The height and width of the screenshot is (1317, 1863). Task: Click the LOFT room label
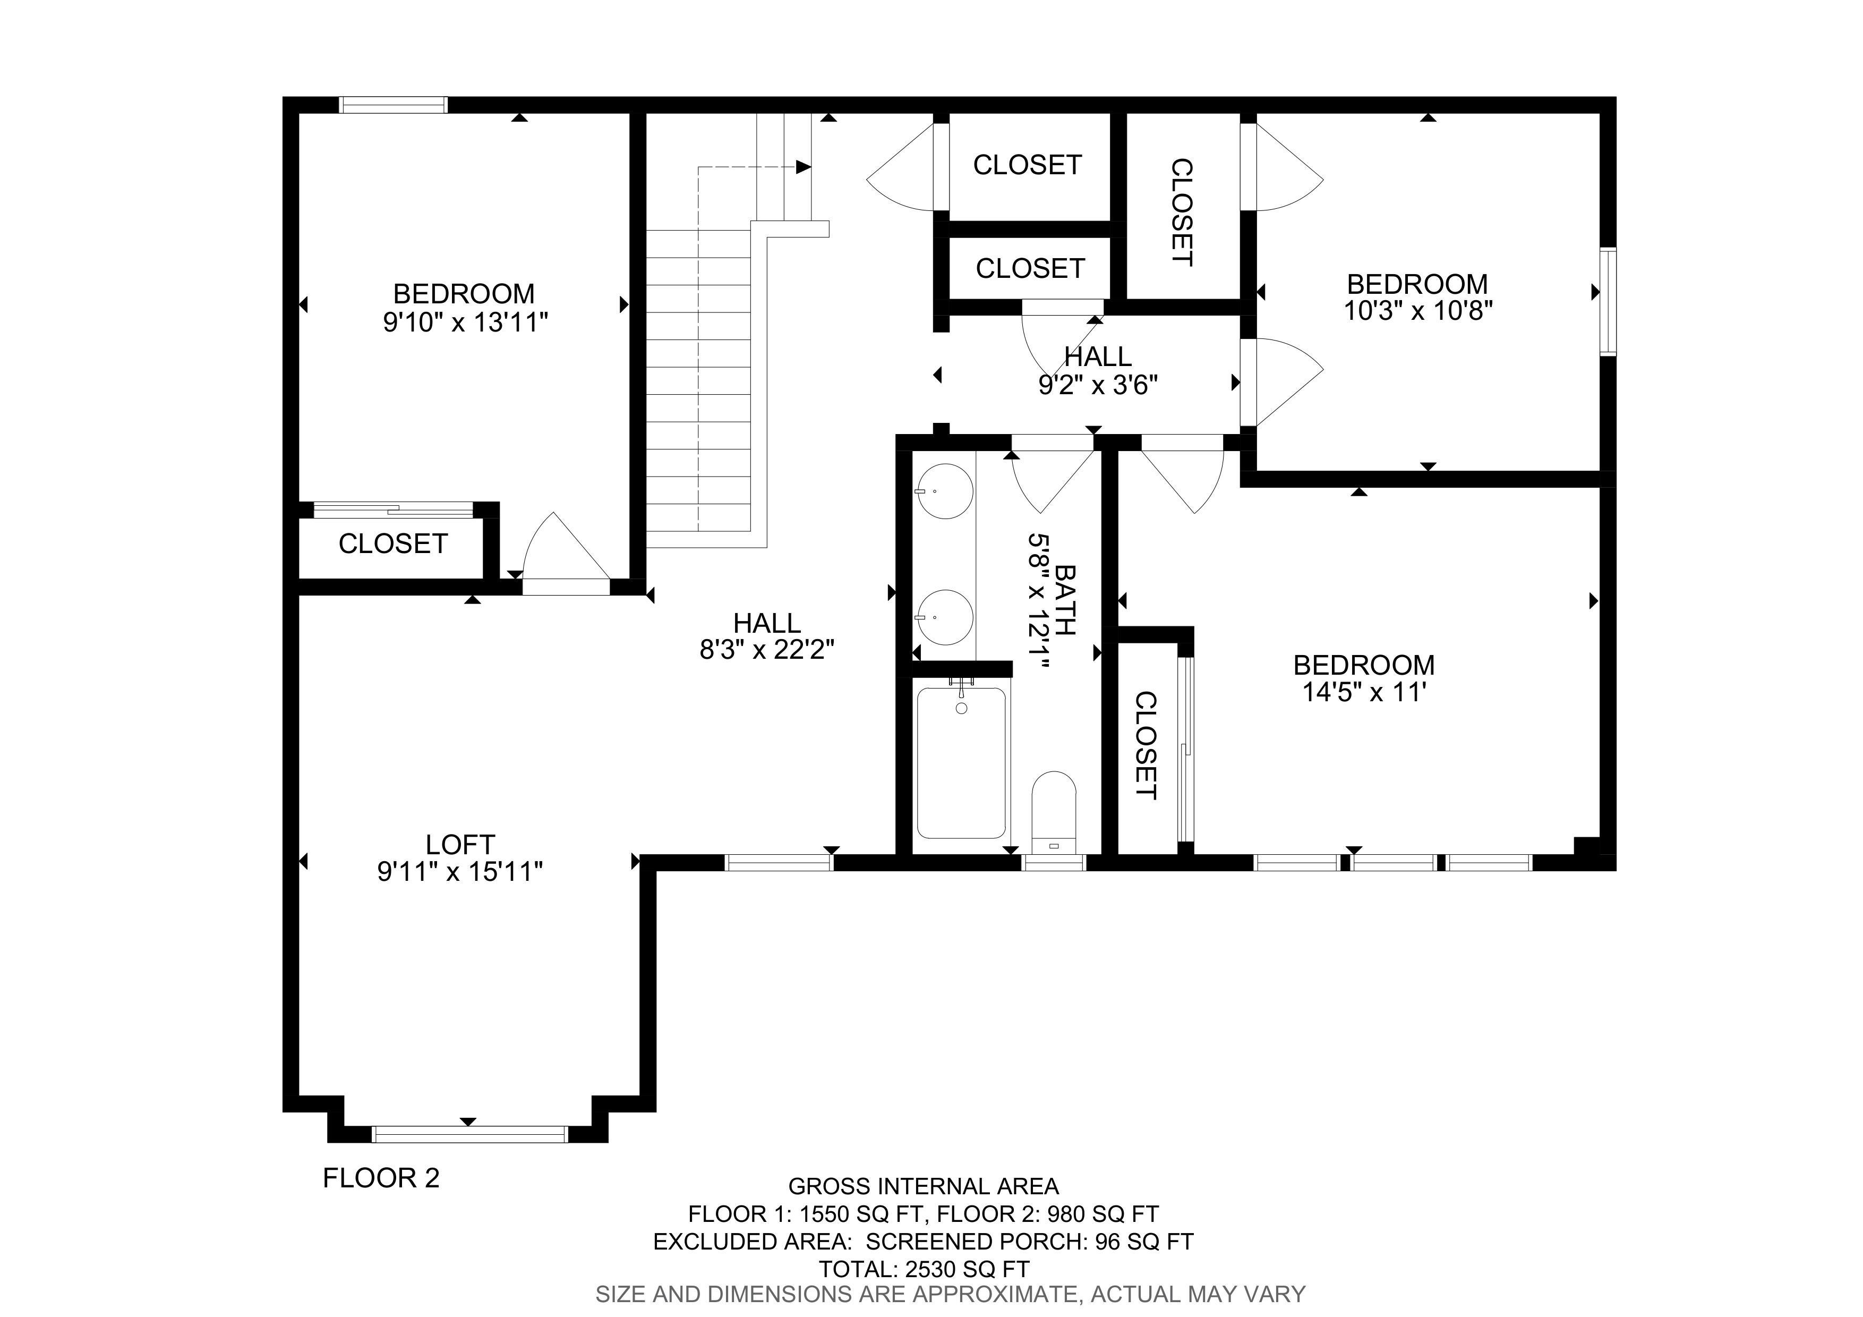tap(460, 845)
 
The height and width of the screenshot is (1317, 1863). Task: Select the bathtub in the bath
tap(962, 763)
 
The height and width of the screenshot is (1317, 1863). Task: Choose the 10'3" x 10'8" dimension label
tap(1418, 311)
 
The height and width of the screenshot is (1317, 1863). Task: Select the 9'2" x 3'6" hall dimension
tap(1098, 385)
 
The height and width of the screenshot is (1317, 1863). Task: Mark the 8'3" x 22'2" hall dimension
tap(767, 650)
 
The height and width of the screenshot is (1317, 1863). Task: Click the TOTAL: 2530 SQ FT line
tap(924, 1269)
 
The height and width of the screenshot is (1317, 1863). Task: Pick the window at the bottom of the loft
tap(470, 1134)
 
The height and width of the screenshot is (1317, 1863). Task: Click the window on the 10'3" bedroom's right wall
tap(1608, 302)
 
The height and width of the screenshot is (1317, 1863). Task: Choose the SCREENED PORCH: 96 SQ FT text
tap(1030, 1242)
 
